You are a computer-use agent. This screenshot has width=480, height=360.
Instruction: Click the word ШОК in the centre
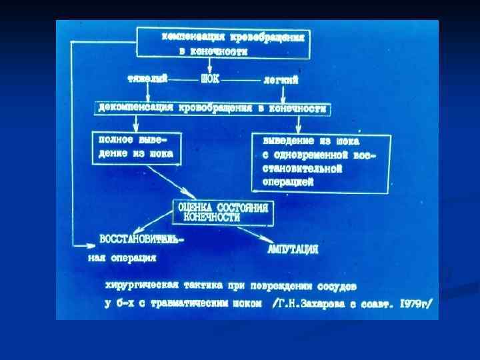pyautogui.click(x=210, y=80)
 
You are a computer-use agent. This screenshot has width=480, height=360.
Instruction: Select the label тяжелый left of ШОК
pyautogui.click(x=148, y=79)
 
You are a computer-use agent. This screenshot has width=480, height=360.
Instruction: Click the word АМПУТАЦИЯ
pyautogui.click(x=293, y=250)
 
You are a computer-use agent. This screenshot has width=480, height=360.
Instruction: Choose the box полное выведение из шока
pyautogui.click(x=136, y=147)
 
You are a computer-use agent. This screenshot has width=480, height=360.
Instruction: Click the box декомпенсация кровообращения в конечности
pyautogui.click(x=213, y=108)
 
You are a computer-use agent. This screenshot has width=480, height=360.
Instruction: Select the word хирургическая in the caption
pyautogui.click(x=137, y=285)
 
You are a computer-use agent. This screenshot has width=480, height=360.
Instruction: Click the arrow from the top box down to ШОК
pyautogui.click(x=210, y=65)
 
